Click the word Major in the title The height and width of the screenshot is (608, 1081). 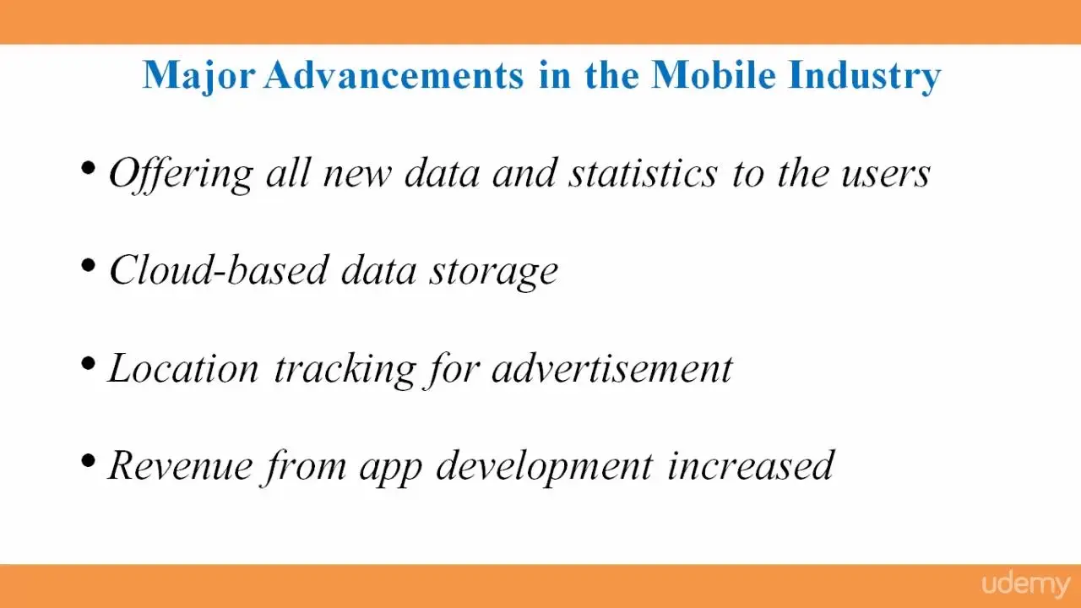(198, 77)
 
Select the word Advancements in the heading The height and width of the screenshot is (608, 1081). (394, 75)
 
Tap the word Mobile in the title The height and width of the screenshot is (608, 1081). (714, 75)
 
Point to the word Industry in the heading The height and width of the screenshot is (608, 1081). (864, 77)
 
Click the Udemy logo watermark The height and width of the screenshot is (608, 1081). (1026, 585)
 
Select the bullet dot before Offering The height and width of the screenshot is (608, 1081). (89, 168)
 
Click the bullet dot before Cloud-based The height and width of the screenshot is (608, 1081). (89, 265)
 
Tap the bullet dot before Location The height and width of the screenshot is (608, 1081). (89, 363)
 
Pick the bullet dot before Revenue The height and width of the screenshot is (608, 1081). (89, 461)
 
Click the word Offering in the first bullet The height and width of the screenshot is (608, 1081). (181, 175)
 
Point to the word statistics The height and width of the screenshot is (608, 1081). (644, 173)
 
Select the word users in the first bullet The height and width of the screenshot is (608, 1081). (886, 176)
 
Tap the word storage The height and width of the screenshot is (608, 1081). (494, 274)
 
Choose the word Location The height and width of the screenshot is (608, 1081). (184, 368)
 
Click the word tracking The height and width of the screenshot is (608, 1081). (345, 370)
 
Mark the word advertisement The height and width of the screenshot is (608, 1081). (612, 368)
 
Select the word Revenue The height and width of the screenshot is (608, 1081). (181, 465)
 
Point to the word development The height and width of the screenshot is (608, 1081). (545, 468)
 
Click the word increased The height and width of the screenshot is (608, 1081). (751, 465)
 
